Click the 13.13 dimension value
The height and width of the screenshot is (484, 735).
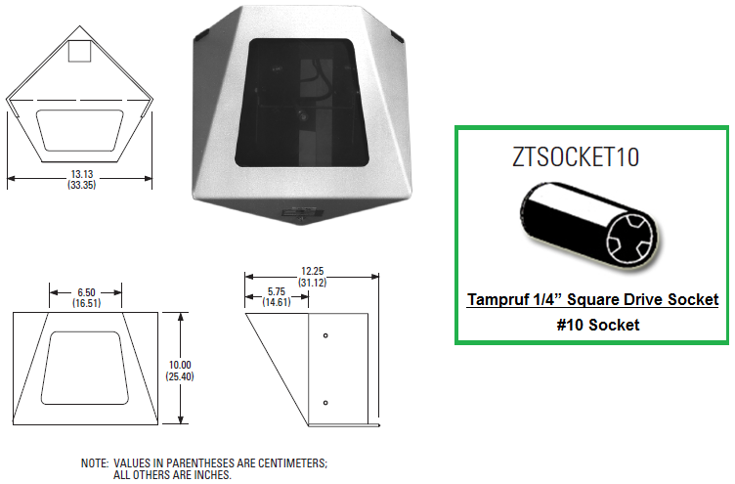point(82,174)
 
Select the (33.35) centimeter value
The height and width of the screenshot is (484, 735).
point(82,185)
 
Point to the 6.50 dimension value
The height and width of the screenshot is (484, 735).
point(87,292)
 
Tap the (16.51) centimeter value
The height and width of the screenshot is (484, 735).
point(87,303)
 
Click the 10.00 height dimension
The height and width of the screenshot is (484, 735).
point(180,365)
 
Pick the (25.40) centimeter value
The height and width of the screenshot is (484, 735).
point(180,376)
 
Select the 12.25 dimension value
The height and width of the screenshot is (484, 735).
point(313,271)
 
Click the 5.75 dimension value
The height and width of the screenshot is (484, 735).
point(277,291)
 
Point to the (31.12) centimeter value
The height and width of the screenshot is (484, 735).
point(313,283)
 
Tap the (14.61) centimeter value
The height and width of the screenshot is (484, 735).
point(277,302)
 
